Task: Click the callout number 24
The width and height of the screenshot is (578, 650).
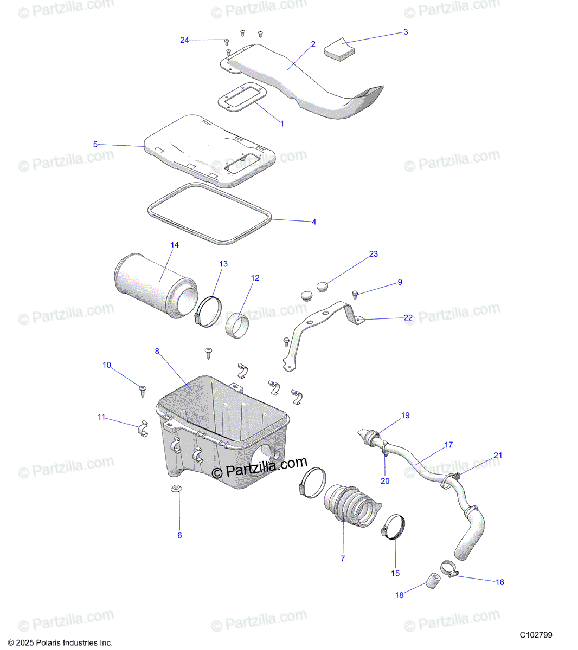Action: click(x=184, y=40)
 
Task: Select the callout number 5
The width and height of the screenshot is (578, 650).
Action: click(x=95, y=144)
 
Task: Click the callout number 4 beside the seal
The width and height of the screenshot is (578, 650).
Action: click(x=314, y=222)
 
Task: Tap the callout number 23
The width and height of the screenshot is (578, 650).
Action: click(x=374, y=254)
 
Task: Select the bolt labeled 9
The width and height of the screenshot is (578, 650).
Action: click(x=355, y=294)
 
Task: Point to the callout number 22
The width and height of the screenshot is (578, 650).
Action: click(x=408, y=318)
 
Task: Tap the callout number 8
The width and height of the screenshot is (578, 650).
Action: click(x=157, y=351)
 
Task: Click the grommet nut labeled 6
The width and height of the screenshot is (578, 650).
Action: click(x=175, y=489)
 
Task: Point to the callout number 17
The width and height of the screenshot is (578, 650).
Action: click(x=448, y=445)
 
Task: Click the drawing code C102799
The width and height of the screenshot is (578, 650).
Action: click(x=536, y=635)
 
